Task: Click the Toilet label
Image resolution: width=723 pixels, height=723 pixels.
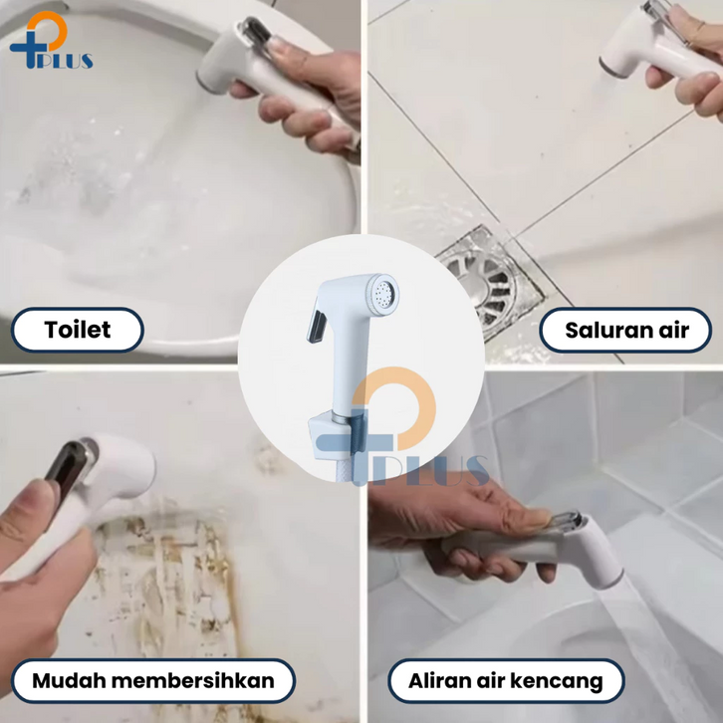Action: pyautogui.click(x=78, y=330)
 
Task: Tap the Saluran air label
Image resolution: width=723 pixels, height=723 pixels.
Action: pyautogui.click(x=625, y=331)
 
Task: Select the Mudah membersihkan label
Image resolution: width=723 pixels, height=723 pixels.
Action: pyautogui.click(x=153, y=680)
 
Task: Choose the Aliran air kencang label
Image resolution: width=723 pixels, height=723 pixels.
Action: pyautogui.click(x=506, y=680)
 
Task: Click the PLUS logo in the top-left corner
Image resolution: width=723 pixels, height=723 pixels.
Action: pyautogui.click(x=51, y=41)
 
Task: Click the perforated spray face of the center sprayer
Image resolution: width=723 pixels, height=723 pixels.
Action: pyautogui.click(x=384, y=293)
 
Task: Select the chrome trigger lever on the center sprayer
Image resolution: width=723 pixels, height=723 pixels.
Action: pyautogui.click(x=317, y=327)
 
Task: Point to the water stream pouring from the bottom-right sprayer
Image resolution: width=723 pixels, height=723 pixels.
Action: pyautogui.click(x=654, y=645)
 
